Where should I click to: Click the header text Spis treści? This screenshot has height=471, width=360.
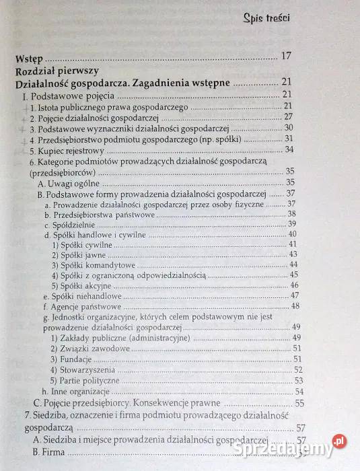point(266,18)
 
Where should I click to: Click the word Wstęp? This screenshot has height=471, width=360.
point(27,57)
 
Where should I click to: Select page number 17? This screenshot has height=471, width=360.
point(285,57)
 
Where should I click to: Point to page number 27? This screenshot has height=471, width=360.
point(289,118)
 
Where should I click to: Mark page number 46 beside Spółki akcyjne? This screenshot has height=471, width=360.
point(294,285)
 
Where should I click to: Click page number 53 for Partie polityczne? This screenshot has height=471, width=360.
point(297,381)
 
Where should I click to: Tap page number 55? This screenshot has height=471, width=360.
point(299,404)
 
